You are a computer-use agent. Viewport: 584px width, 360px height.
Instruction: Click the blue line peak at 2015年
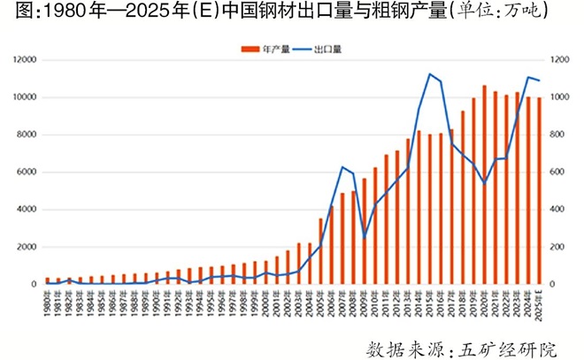click(x=429, y=74)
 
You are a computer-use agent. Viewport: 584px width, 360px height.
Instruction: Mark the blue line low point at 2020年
click(x=484, y=183)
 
